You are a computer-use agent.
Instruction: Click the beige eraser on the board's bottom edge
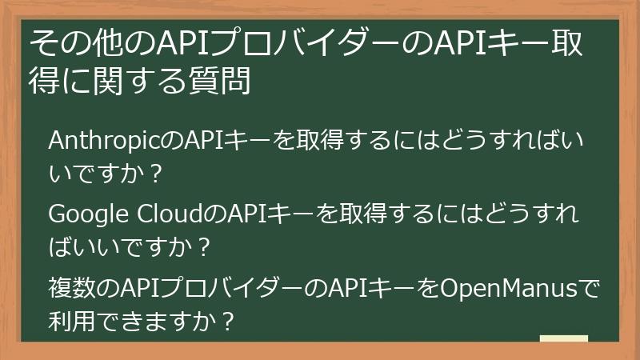click(x=563, y=339)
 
